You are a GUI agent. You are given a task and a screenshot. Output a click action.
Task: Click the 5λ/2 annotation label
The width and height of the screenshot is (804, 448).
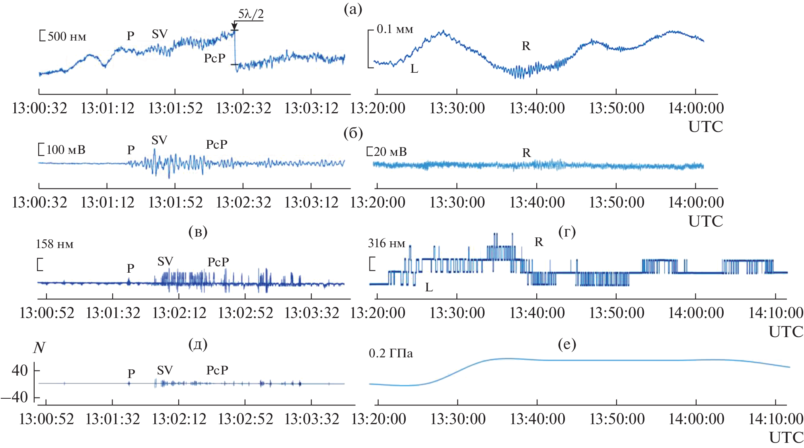[x=251, y=14]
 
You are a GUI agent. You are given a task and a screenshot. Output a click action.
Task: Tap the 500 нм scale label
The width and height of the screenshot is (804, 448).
[x=66, y=37]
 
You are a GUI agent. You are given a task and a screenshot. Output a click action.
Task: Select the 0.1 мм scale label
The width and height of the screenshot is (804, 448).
[x=395, y=29]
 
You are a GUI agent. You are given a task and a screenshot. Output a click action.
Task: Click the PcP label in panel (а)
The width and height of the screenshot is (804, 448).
[x=215, y=58]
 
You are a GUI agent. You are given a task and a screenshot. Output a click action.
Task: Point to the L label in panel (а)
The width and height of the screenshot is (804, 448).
[x=414, y=69]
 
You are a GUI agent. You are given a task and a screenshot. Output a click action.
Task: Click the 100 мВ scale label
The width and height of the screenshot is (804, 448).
[x=66, y=150]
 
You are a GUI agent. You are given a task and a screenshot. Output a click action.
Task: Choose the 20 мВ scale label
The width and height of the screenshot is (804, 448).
[x=390, y=152]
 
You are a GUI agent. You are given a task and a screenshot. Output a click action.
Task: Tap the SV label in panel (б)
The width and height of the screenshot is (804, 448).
[x=159, y=140]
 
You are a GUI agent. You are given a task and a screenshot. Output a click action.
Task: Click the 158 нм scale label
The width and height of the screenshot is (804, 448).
[x=55, y=244]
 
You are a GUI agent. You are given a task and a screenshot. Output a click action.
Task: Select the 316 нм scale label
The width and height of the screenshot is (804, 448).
[x=386, y=243]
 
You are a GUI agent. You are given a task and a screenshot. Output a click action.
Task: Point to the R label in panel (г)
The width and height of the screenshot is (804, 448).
[x=539, y=242]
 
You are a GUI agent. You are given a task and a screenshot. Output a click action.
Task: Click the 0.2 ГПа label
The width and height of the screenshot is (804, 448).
[x=391, y=353]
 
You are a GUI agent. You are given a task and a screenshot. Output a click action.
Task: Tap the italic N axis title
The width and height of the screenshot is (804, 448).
[x=39, y=347]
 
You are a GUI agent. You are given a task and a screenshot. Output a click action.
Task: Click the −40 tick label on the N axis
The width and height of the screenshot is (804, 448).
[x=15, y=397]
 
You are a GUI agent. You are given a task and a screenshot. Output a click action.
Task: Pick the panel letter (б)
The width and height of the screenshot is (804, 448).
[x=353, y=133]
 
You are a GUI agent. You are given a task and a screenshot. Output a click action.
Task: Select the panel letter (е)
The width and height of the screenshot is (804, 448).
[x=566, y=344]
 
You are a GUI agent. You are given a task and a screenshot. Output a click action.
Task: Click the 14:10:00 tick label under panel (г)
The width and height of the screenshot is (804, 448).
[x=775, y=313]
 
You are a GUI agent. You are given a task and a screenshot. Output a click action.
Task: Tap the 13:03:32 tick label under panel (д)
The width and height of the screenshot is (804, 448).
[x=312, y=419]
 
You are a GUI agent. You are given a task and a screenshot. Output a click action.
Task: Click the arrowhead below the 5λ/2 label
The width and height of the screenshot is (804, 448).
[x=234, y=27]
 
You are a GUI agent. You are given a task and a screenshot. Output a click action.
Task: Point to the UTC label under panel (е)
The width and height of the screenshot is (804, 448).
[x=786, y=437]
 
